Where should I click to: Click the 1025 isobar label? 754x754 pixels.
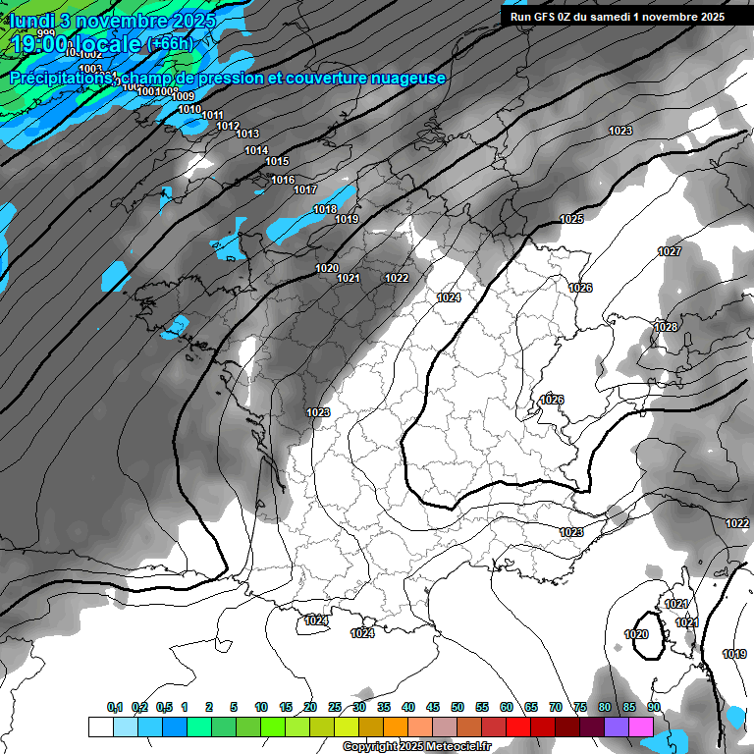tap(571, 219)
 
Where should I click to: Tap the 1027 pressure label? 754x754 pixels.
tap(670, 252)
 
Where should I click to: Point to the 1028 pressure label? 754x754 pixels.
tap(666, 327)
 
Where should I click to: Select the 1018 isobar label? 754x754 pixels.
tap(325, 209)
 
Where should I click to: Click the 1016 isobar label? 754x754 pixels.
tap(283, 180)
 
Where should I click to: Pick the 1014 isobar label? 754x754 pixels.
tap(256, 150)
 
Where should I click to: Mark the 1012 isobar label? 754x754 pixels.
tap(228, 126)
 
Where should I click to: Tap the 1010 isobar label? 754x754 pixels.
tap(189, 109)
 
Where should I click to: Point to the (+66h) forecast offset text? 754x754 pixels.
tap(171, 43)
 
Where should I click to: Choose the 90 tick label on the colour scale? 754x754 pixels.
tap(654, 707)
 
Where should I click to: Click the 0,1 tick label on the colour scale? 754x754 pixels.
tap(114, 707)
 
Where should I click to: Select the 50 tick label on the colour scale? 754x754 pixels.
tap(458, 707)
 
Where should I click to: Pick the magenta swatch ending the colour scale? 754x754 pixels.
tap(641, 727)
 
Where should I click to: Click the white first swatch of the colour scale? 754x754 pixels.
tap(100, 727)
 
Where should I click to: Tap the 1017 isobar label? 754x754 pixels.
tap(305, 189)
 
